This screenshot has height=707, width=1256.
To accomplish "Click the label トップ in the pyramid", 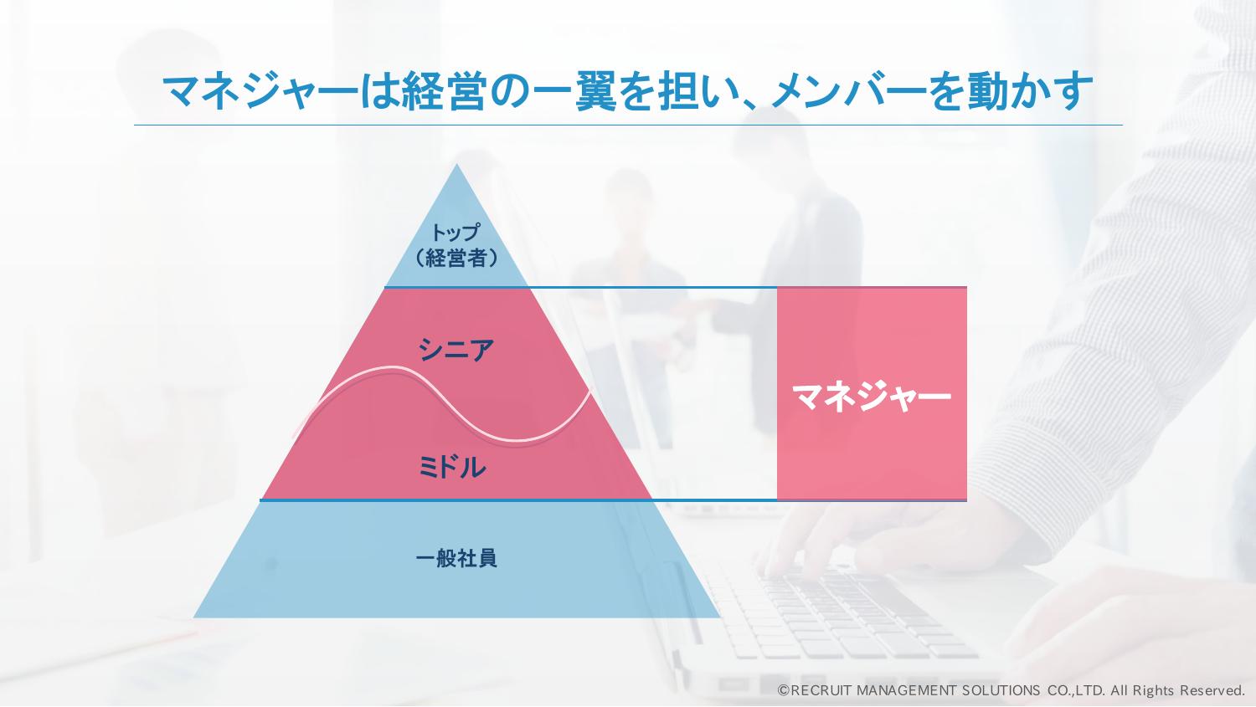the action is [x=456, y=232].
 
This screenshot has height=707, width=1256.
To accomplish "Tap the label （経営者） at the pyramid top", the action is [x=456, y=258].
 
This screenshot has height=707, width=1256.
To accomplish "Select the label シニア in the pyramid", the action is [x=456, y=350].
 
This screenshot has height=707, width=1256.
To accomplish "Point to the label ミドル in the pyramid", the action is [x=452, y=467].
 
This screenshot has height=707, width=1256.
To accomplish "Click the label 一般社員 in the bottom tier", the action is [x=456, y=558].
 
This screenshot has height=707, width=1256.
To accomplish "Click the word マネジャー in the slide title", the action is [x=260, y=90].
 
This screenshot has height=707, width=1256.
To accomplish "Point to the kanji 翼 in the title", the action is [x=595, y=90].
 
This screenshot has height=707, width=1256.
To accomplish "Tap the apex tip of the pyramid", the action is [x=456, y=164].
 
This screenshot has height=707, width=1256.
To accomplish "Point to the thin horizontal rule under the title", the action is [x=628, y=125].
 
